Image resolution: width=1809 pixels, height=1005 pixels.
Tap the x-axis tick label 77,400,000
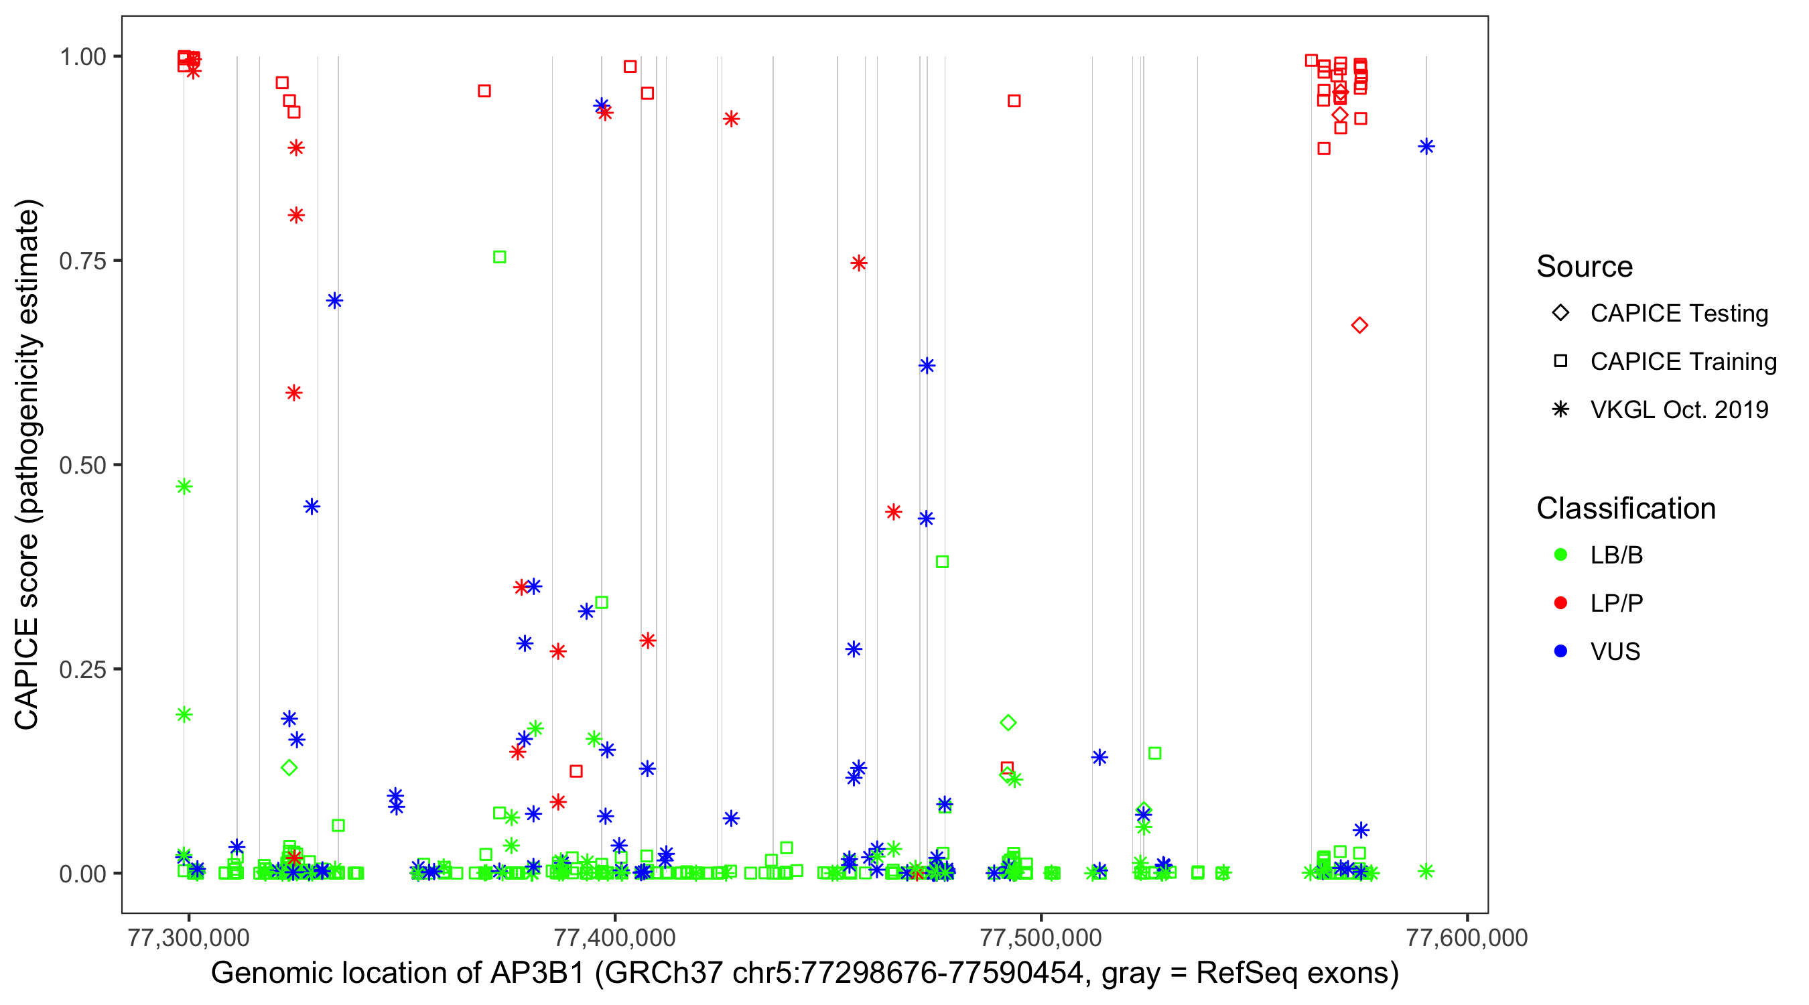[614, 937]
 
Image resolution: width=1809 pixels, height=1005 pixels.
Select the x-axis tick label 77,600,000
[1467, 937]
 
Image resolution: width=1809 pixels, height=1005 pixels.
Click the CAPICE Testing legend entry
[1678, 314]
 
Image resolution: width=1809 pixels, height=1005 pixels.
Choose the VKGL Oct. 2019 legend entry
[1678, 409]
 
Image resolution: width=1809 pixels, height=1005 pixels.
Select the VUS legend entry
[1615, 652]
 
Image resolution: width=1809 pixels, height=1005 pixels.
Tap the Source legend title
[1585, 267]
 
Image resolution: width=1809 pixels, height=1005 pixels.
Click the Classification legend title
[1625, 509]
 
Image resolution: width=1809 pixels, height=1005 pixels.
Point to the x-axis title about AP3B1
[805, 974]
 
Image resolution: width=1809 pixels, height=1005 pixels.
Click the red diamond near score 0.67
[1359, 325]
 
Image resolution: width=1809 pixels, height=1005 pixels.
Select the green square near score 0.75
[499, 257]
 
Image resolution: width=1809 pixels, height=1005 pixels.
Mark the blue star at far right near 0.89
[1426, 146]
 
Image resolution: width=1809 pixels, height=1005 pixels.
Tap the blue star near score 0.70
[334, 301]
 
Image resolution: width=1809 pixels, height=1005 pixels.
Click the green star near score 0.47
[184, 486]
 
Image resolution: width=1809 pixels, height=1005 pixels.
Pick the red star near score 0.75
[858, 263]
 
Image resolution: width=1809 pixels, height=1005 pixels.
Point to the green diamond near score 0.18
[1008, 722]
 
